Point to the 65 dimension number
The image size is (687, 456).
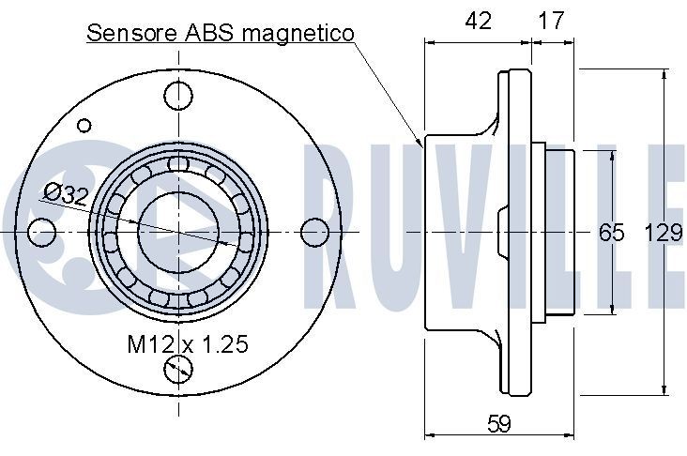(612, 233)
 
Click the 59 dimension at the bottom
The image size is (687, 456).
(500, 424)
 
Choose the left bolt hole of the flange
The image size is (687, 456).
(40, 231)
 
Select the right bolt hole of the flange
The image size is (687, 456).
(316, 231)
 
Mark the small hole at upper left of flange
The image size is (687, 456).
(84, 124)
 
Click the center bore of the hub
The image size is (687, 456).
(178, 231)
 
